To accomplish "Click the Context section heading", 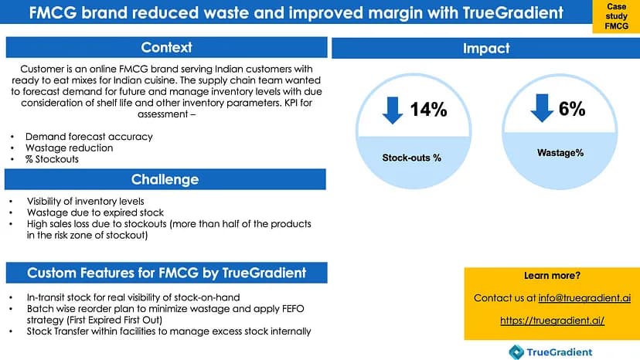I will click(x=166, y=48).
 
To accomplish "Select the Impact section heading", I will click(x=485, y=48).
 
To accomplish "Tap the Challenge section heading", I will click(x=165, y=179).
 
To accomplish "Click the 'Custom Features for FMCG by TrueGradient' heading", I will click(x=166, y=273).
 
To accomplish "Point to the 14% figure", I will click(x=428, y=110).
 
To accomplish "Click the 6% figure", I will click(x=572, y=109).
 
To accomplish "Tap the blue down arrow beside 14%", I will click(x=393, y=110).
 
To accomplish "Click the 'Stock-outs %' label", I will click(x=412, y=158).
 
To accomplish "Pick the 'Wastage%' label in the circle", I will click(x=560, y=153).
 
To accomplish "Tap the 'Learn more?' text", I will click(x=552, y=276).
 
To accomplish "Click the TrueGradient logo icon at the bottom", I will click(x=516, y=352).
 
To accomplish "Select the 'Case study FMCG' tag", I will click(x=615, y=17).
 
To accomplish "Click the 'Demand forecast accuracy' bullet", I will click(x=89, y=136).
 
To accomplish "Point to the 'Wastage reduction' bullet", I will click(x=69, y=148).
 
